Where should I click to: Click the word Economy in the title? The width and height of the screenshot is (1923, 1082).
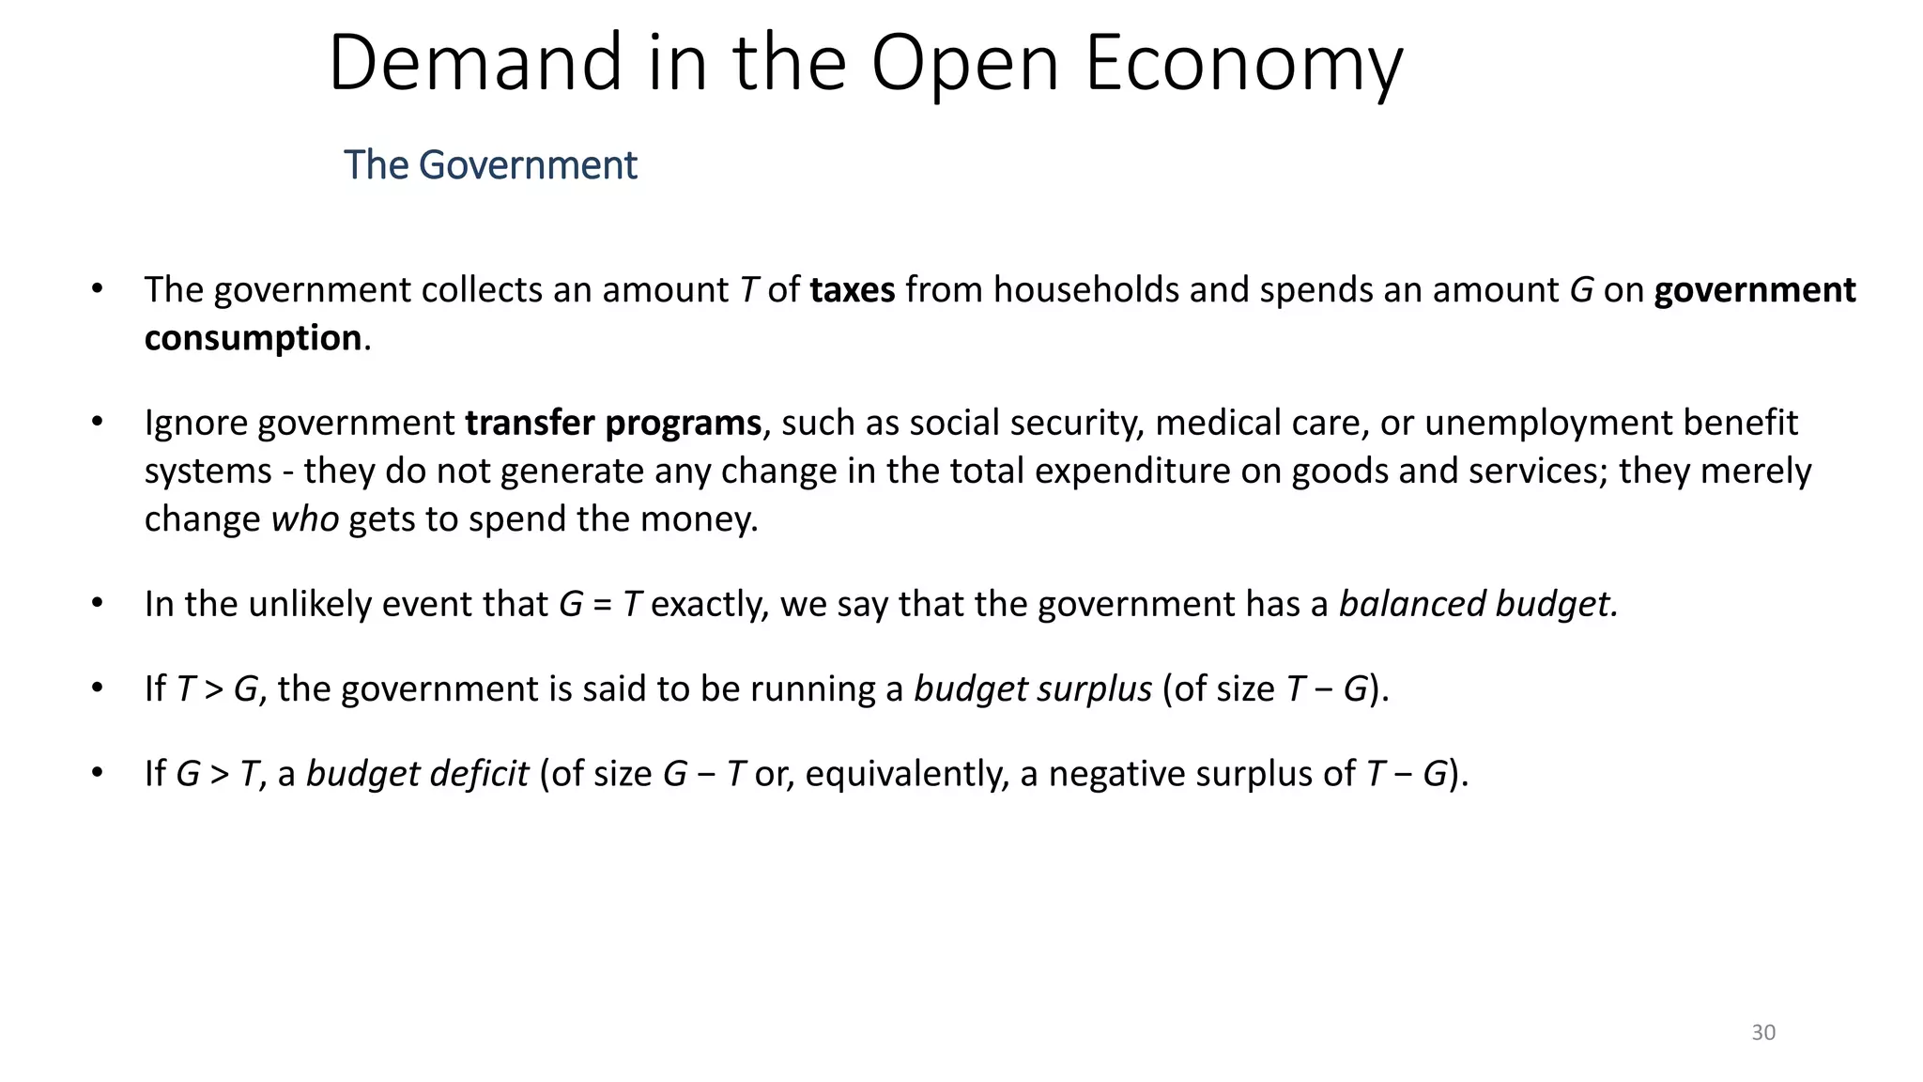[x=1243, y=64]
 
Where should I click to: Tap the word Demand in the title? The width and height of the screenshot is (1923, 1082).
[x=475, y=64]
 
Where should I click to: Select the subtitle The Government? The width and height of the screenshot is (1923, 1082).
[x=490, y=165]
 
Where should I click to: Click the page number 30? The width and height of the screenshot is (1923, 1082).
[x=1763, y=1033]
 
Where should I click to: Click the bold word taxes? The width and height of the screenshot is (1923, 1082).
[x=853, y=290]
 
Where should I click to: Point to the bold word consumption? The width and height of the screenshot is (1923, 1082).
[x=253, y=338]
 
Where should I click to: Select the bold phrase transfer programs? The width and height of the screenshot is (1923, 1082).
[x=613, y=424]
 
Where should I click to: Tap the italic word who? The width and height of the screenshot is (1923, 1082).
[x=305, y=519]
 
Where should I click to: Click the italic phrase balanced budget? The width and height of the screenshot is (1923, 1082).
[x=1478, y=604]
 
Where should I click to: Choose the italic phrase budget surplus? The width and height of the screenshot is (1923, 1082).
[x=1033, y=689]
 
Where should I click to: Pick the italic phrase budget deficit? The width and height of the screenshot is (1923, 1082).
[x=418, y=775]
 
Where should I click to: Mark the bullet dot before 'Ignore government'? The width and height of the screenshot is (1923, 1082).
[x=97, y=423]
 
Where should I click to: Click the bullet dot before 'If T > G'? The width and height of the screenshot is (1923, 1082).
[x=97, y=688]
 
